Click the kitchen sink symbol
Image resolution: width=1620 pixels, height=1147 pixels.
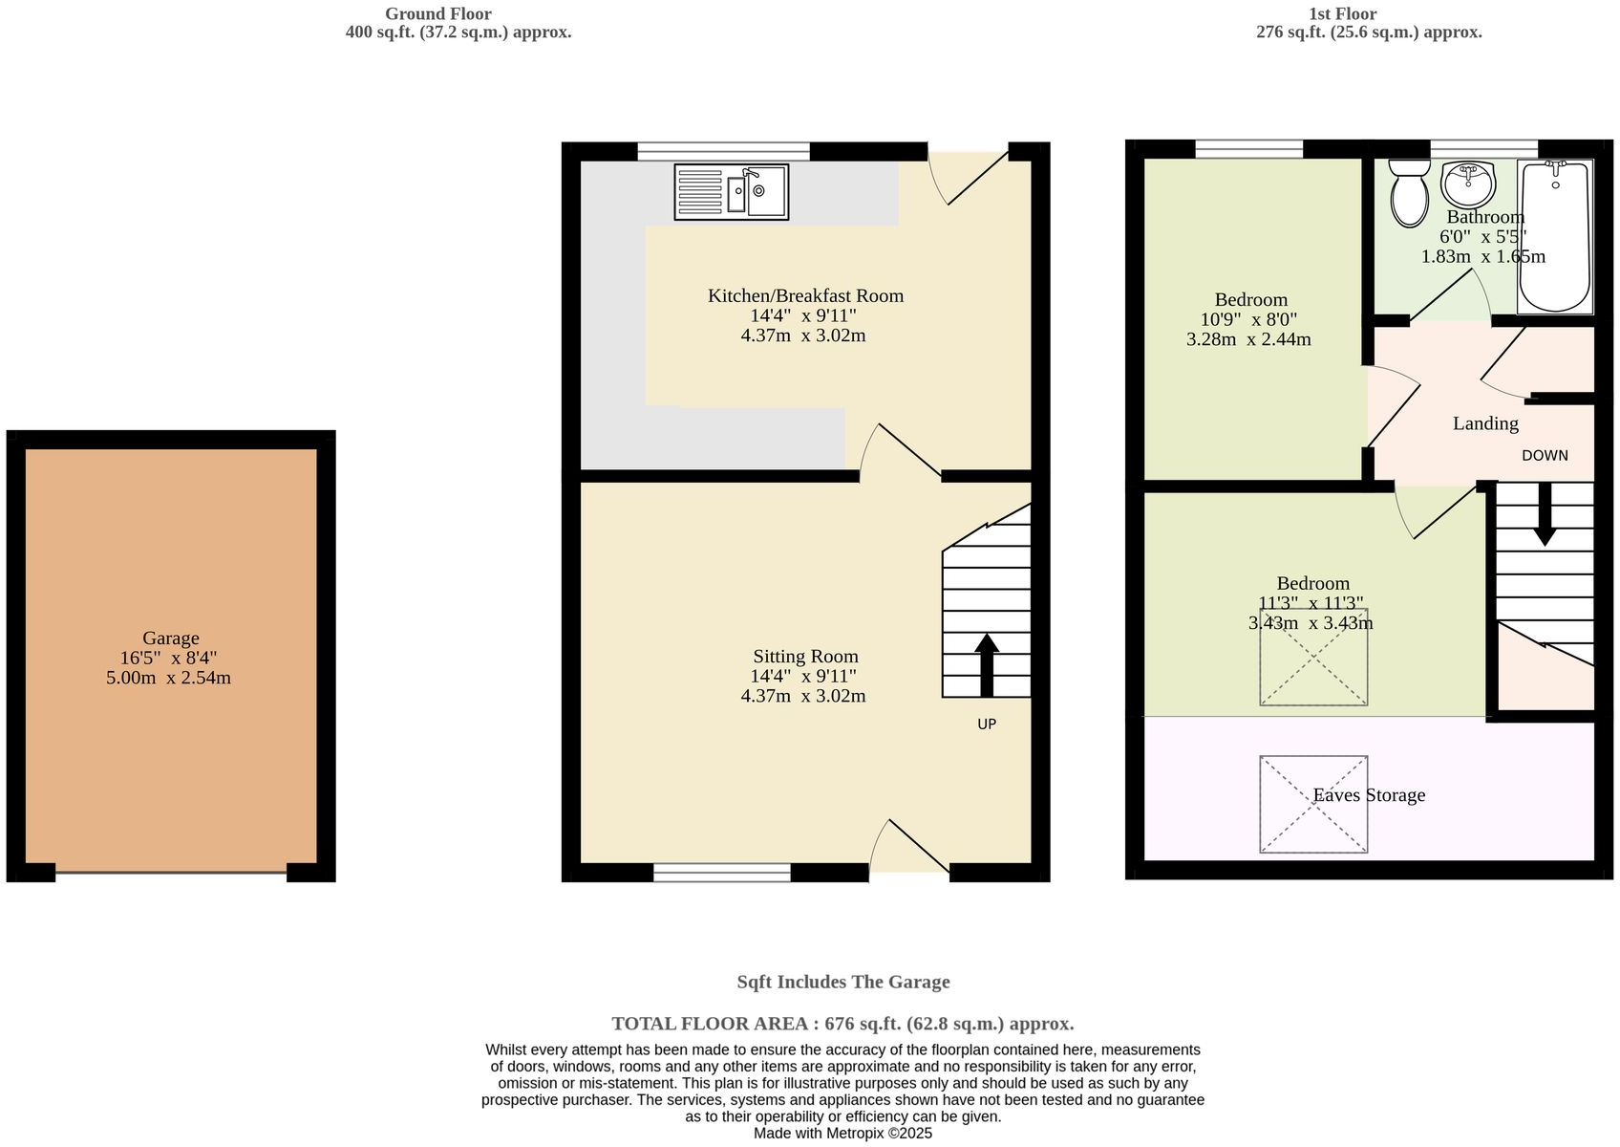(x=731, y=192)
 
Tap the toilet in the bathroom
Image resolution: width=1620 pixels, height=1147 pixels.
(x=1408, y=194)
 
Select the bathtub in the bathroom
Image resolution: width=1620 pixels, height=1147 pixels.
(x=1554, y=236)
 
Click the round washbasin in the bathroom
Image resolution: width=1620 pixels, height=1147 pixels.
(x=1468, y=183)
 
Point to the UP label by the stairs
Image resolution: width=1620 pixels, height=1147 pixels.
(x=987, y=725)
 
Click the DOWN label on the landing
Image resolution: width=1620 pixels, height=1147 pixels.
(x=1545, y=456)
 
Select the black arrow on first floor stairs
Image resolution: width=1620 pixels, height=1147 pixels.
(x=1544, y=516)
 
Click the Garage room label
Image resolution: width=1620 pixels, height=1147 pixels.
(x=171, y=638)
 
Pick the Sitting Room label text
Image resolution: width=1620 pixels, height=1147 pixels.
(x=805, y=657)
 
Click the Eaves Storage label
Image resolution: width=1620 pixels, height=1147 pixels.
(x=1369, y=795)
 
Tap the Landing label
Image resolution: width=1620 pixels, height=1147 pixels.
(x=1485, y=423)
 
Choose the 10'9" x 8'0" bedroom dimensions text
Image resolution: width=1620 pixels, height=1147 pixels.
(x=1248, y=319)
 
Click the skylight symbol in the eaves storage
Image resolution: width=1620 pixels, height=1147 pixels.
(x=1313, y=804)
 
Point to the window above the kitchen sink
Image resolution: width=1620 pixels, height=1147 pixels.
(x=723, y=150)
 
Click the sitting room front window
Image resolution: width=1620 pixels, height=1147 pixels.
(x=722, y=872)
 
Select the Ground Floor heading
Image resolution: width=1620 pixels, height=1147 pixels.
(x=438, y=13)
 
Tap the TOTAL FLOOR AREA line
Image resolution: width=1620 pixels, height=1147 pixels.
(x=842, y=1024)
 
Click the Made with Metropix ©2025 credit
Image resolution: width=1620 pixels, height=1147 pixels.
(x=842, y=1134)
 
